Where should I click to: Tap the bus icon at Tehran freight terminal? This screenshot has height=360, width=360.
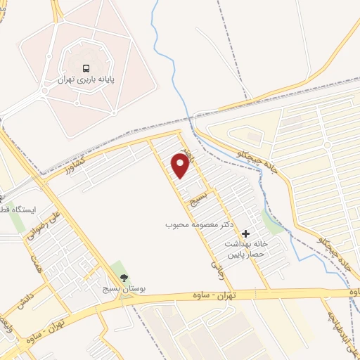point(86,68)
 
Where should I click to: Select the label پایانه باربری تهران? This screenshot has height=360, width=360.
point(86,80)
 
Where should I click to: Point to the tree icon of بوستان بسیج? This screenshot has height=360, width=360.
point(124,278)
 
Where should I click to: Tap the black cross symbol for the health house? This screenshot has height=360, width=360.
point(245,233)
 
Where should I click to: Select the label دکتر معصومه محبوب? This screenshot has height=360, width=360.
point(199,225)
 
